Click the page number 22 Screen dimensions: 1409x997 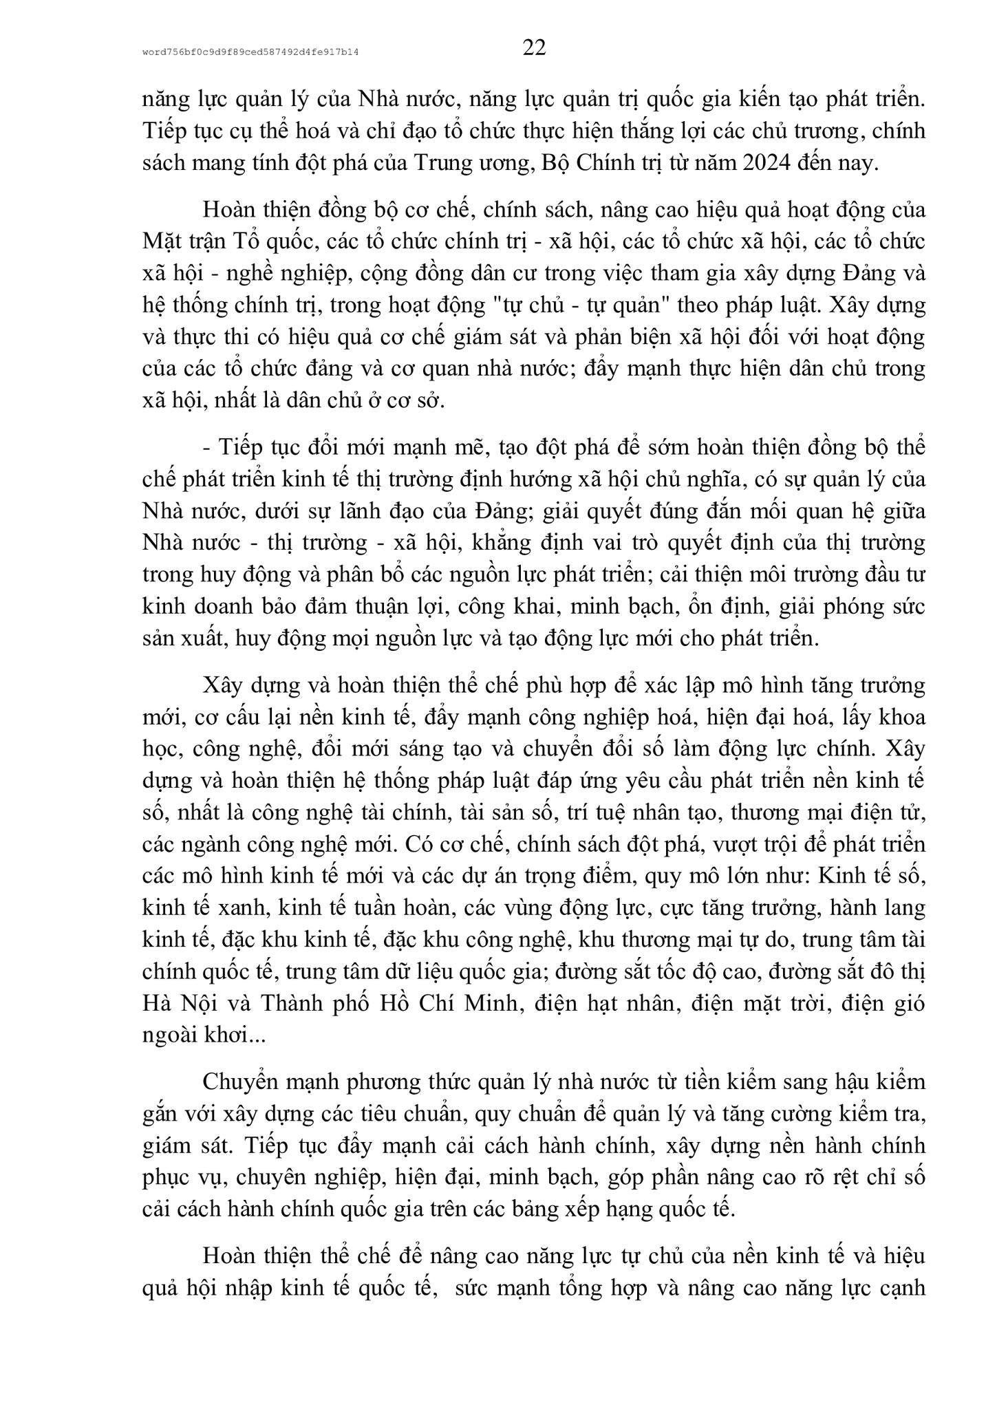point(534,49)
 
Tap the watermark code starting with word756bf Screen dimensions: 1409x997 point(250,52)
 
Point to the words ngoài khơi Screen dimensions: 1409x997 point(195,1034)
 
